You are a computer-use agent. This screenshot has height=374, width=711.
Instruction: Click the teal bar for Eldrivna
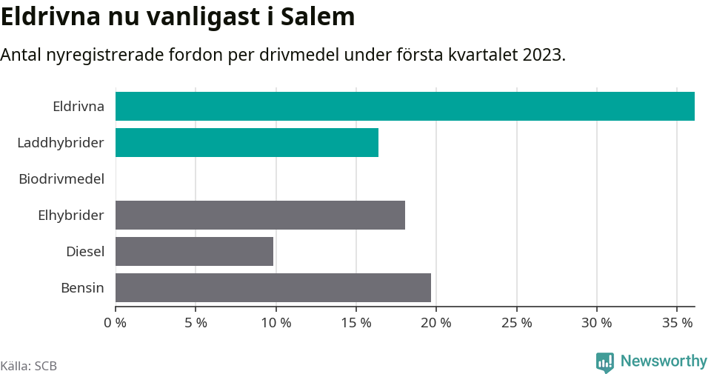coord(404,106)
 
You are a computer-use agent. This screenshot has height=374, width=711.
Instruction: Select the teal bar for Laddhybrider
coord(247,142)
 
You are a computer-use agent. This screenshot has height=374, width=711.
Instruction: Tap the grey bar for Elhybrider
coord(260,215)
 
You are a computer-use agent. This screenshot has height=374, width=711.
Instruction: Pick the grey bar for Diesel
coord(194,251)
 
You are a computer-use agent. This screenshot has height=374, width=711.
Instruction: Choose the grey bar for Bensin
coord(273,287)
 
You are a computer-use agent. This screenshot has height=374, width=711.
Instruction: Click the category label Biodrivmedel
coord(61,178)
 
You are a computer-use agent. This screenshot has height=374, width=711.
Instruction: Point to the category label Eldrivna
coord(79,106)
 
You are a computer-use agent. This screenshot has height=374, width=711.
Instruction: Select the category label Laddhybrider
coord(61,142)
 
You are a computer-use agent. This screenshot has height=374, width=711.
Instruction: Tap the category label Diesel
coord(85,252)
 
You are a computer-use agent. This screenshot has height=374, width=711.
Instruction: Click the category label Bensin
coord(82,288)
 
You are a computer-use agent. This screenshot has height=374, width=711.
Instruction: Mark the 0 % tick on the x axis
coord(116,323)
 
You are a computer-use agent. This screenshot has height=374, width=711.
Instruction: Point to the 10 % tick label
coord(276,323)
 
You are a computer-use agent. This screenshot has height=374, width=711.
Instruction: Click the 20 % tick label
coord(436,323)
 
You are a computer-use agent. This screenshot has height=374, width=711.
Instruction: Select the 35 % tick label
coord(677,323)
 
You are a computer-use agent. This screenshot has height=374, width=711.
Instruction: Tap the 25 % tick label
coord(516,323)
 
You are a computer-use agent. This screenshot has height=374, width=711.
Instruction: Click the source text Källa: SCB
coord(29,366)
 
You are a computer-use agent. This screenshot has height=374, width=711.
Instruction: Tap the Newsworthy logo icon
coord(605,362)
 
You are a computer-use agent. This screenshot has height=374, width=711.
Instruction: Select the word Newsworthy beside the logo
coord(664,361)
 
